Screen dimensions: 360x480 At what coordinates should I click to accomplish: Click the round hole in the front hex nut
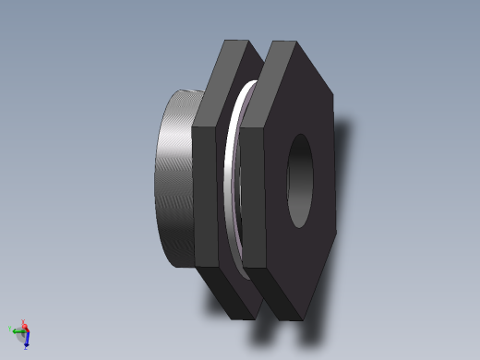[301, 181]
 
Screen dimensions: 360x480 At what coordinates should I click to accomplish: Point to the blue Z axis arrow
[27, 340]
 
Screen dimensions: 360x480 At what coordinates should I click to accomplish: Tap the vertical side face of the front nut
[254, 198]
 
